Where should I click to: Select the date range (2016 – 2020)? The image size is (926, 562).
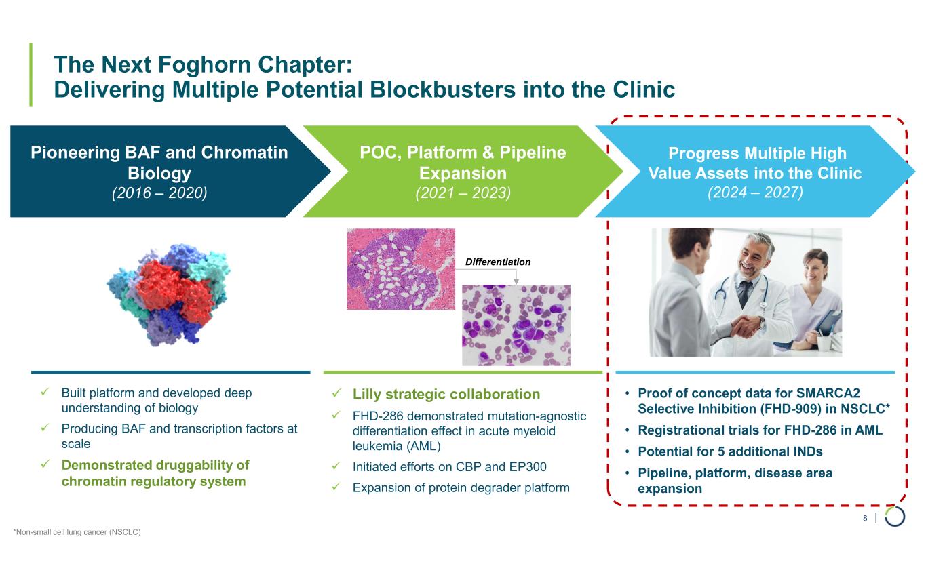click(x=159, y=193)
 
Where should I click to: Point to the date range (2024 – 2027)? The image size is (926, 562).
click(x=755, y=193)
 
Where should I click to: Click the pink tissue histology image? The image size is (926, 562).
click(x=400, y=268)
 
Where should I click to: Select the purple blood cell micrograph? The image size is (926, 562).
click(x=516, y=325)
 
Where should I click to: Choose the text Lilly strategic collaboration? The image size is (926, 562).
click(x=446, y=395)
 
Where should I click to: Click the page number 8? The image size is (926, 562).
click(x=865, y=519)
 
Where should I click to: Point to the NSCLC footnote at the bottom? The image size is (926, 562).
click(x=77, y=532)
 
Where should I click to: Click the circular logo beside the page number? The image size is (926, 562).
click(x=895, y=517)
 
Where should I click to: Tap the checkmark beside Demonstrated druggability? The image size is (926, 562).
click(x=45, y=465)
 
